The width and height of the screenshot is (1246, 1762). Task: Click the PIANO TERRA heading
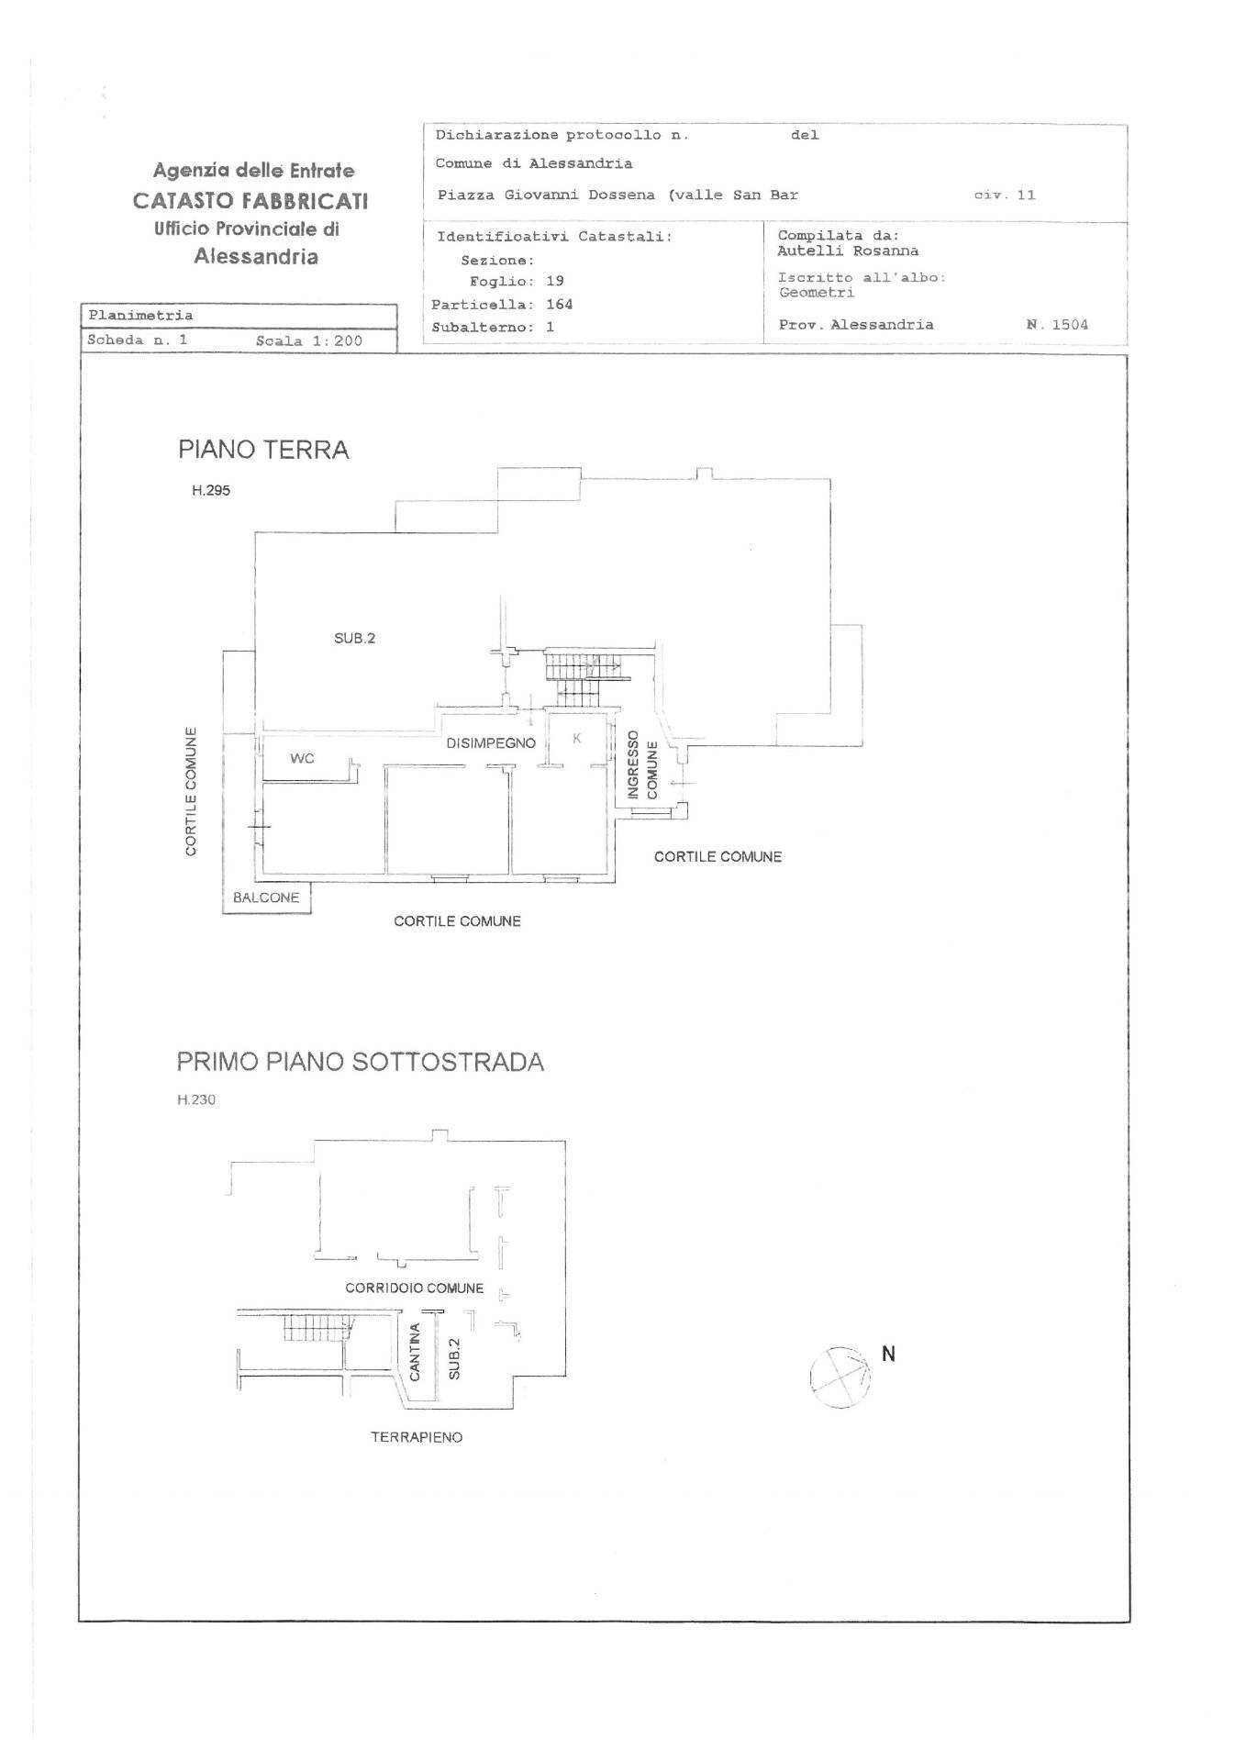(x=263, y=450)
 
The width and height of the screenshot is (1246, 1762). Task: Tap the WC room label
(x=302, y=758)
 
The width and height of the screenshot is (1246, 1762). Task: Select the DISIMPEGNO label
(x=491, y=743)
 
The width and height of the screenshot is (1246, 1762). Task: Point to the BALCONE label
(x=266, y=898)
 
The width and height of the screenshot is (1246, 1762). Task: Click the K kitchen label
(x=578, y=738)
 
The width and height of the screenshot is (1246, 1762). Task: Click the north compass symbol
(x=840, y=1377)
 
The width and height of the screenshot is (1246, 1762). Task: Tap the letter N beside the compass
(x=888, y=1353)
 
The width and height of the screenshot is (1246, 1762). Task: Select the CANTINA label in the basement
(x=415, y=1352)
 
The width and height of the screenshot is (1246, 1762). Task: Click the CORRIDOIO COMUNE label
(x=415, y=1288)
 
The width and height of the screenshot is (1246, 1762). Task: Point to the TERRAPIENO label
(x=417, y=1437)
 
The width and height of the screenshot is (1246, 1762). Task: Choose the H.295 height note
(x=211, y=491)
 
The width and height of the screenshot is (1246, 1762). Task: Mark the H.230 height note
(x=196, y=1099)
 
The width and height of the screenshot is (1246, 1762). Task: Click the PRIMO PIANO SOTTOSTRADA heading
(x=361, y=1062)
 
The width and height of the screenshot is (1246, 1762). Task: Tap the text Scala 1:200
(x=309, y=340)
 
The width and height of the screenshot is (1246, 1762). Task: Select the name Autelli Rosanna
(x=848, y=251)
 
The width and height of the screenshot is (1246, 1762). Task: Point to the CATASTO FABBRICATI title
(x=250, y=200)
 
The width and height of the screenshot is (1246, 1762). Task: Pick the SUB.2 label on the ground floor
(x=354, y=639)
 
